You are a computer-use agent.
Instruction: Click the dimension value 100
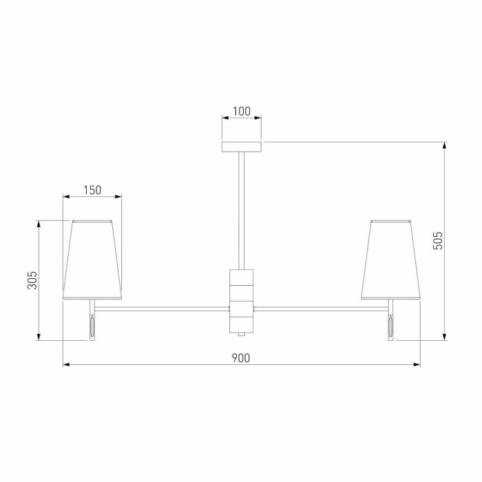pos(241,111)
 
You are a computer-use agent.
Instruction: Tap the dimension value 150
pos(92,190)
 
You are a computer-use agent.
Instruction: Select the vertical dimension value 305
pos(32,280)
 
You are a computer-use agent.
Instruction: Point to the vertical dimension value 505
pos(439,240)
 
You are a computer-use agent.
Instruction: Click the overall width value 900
pos(240,357)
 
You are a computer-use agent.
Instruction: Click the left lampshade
pos(92,260)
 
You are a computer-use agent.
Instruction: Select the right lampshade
pos(390,260)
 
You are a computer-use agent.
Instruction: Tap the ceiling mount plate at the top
pos(241,146)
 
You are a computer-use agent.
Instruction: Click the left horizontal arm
pos(162,307)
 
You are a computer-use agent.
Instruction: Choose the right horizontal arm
pos(320,307)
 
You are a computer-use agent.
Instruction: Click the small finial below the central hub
pos(241,334)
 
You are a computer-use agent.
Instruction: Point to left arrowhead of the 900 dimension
pos(65,364)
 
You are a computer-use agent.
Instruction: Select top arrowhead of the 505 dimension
pos(445,145)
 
